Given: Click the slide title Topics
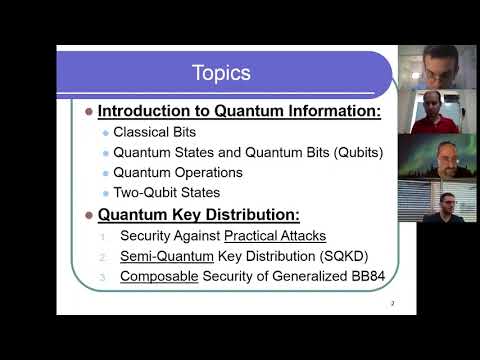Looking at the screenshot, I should pyautogui.click(x=221, y=73).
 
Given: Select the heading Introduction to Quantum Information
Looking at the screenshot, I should pyautogui.click(x=239, y=111).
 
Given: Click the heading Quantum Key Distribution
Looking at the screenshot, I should pyautogui.click(x=199, y=214).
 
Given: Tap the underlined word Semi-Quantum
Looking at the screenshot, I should pyautogui.click(x=160, y=255).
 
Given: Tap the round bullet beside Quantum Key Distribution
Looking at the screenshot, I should pyautogui.click(x=89, y=214).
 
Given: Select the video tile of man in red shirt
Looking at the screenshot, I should pyautogui.click(x=423, y=113).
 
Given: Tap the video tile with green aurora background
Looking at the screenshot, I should pyautogui.click(x=423, y=158).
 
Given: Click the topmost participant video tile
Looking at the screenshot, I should pyautogui.click(x=423, y=67).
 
